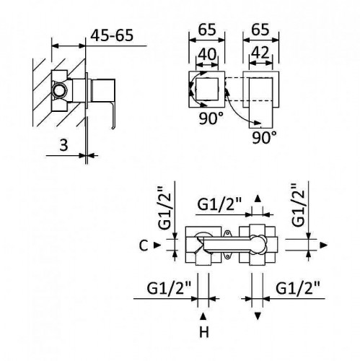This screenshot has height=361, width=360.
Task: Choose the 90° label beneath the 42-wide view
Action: coord(265,136)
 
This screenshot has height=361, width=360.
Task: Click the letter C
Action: coord(144,245)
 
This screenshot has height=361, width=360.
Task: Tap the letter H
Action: coord(203,334)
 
